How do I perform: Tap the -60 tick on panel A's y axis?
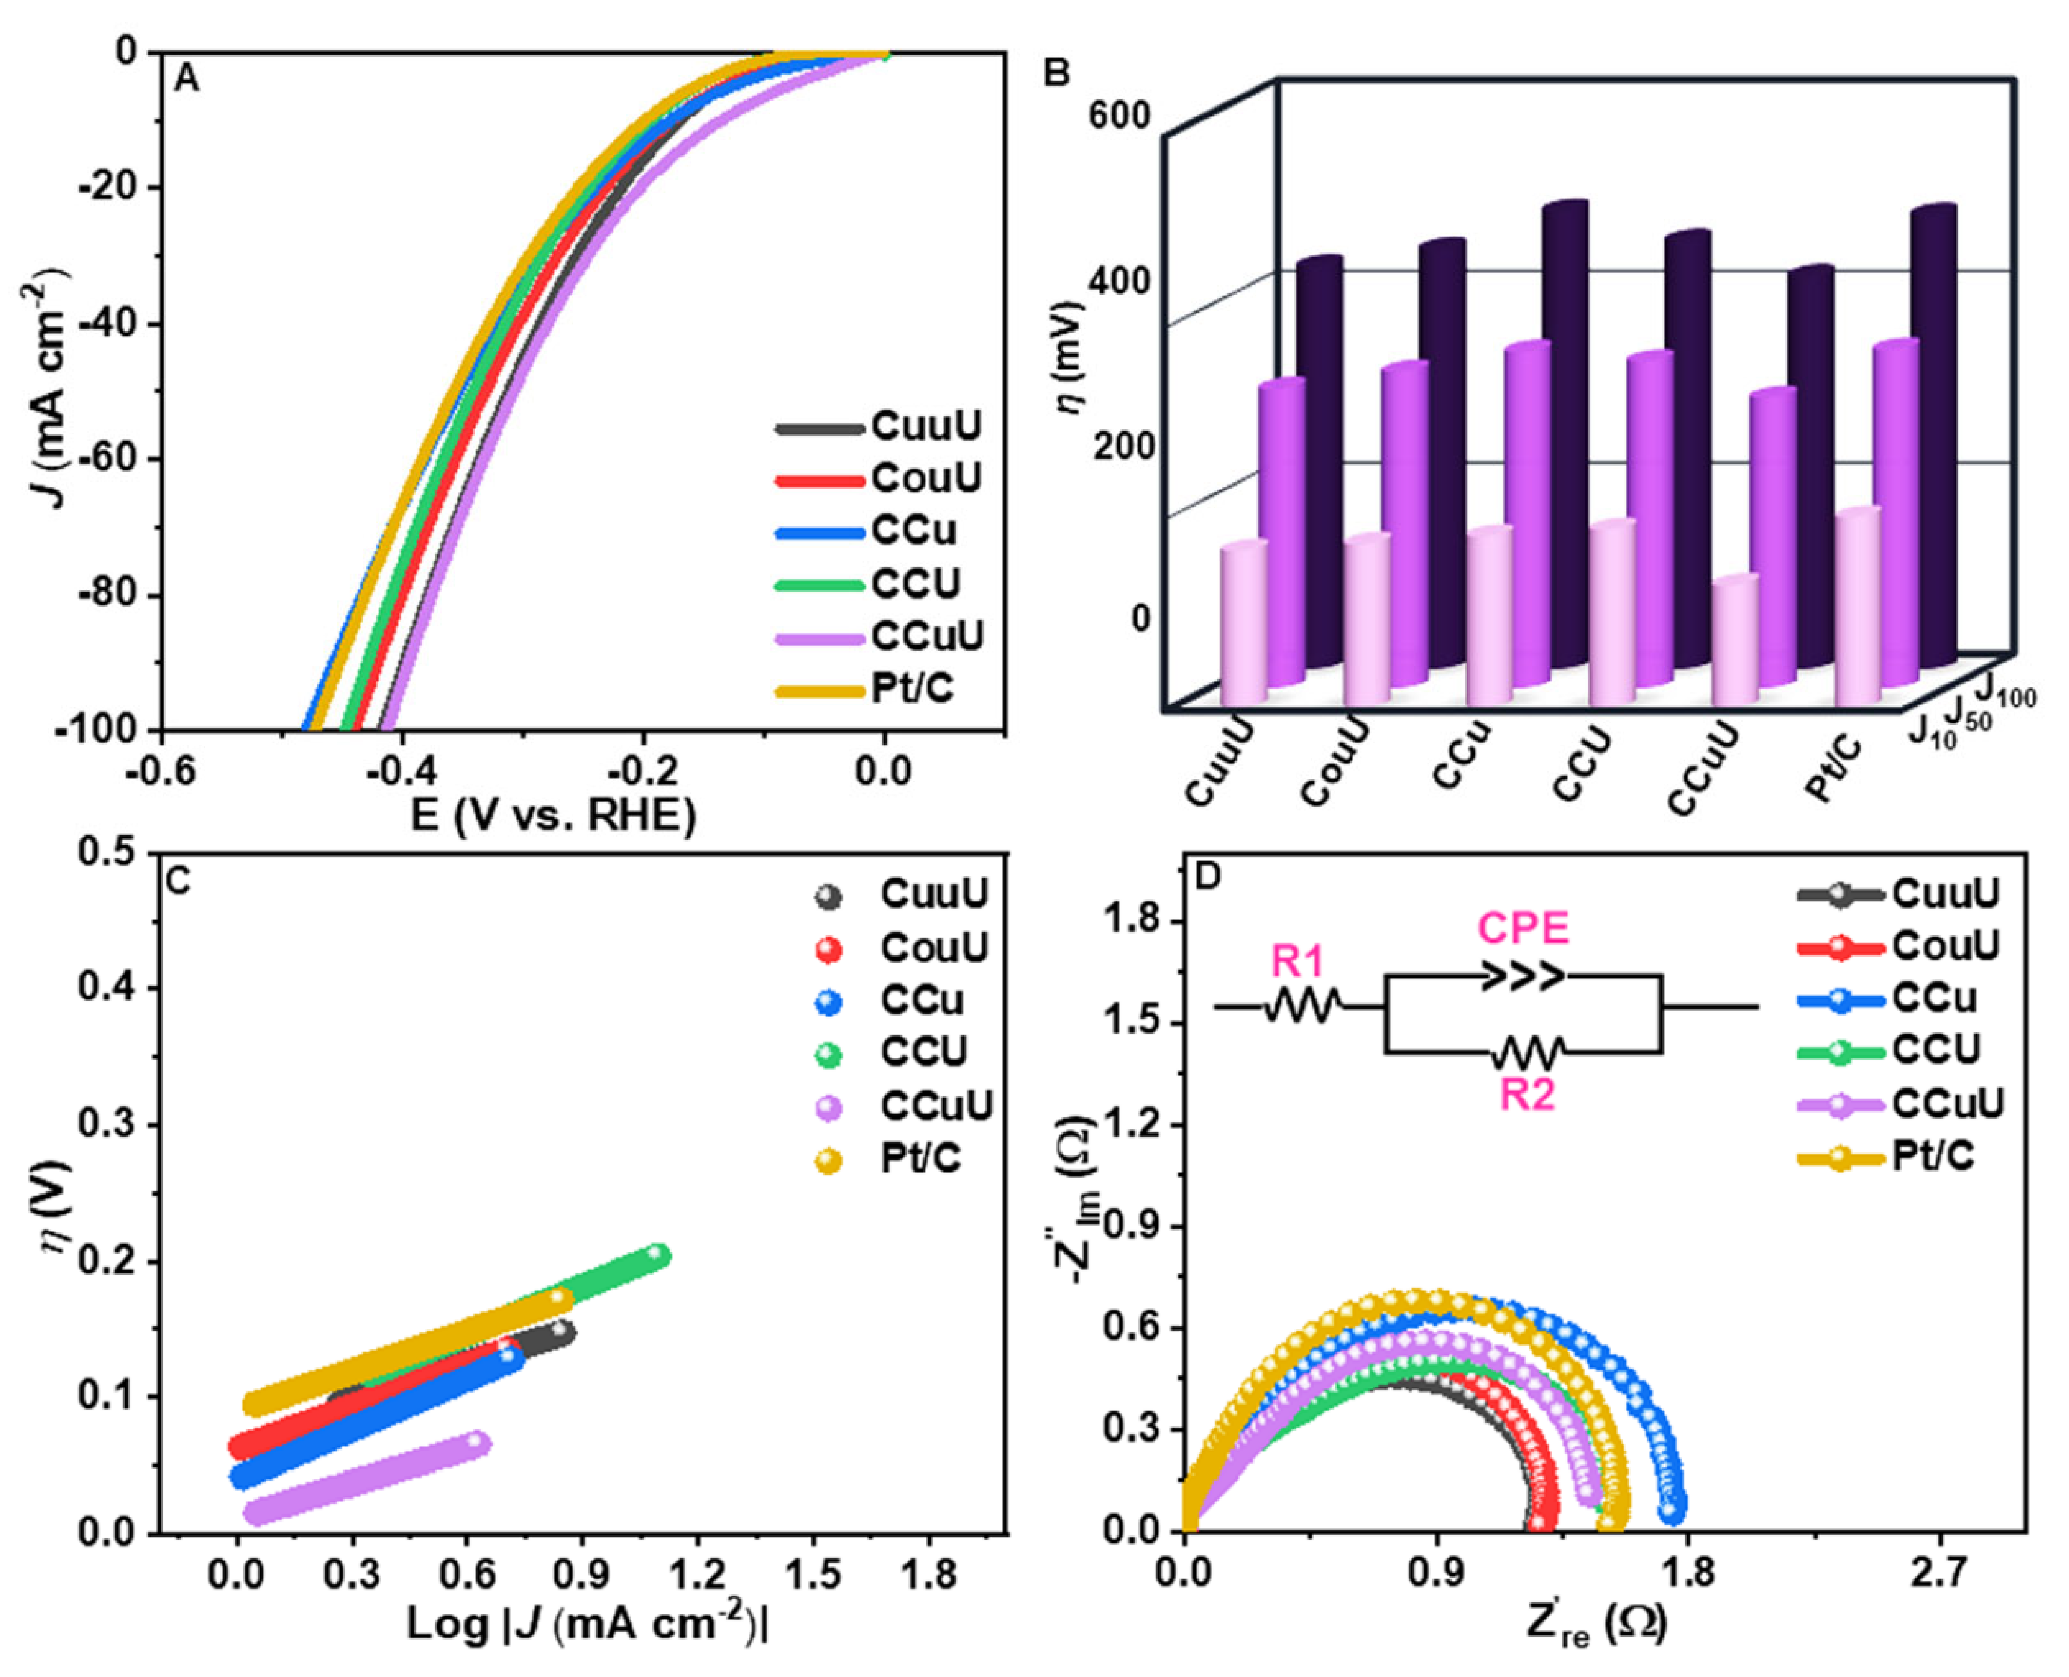point(108,459)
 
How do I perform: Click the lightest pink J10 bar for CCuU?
point(1735,642)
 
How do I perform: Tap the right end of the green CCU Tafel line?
point(657,1255)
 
